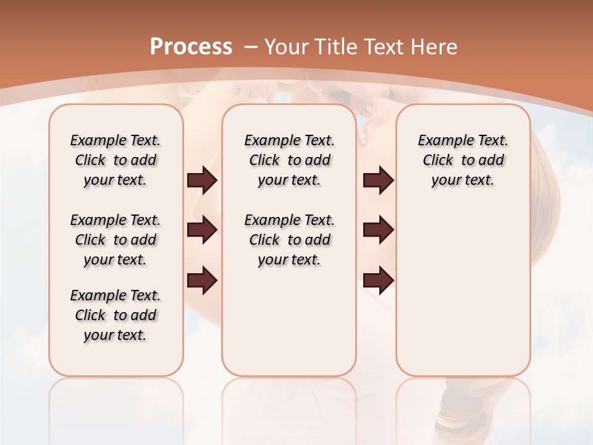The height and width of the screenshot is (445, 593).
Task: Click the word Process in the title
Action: point(191,47)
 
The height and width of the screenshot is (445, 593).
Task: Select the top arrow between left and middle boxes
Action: point(202,180)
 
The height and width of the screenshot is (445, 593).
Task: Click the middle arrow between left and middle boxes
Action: point(202,230)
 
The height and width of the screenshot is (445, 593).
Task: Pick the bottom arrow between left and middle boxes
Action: point(202,281)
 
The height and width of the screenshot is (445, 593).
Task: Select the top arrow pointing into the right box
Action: point(378,180)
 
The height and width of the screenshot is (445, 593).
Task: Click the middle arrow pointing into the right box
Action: point(378,230)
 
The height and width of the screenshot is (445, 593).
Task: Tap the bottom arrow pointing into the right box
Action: point(378,281)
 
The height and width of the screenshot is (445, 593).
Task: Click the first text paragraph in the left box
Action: point(116,160)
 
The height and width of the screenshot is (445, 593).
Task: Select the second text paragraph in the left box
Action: point(116,240)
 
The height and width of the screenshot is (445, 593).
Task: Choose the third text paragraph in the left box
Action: point(116,315)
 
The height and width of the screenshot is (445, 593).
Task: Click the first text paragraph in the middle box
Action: point(289,160)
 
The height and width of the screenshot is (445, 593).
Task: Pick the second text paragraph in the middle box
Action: point(289,240)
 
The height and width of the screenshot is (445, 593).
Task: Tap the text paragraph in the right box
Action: point(463,160)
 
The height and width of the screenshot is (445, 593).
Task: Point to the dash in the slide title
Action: point(251,47)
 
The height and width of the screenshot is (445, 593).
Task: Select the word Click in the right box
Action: point(438,161)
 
